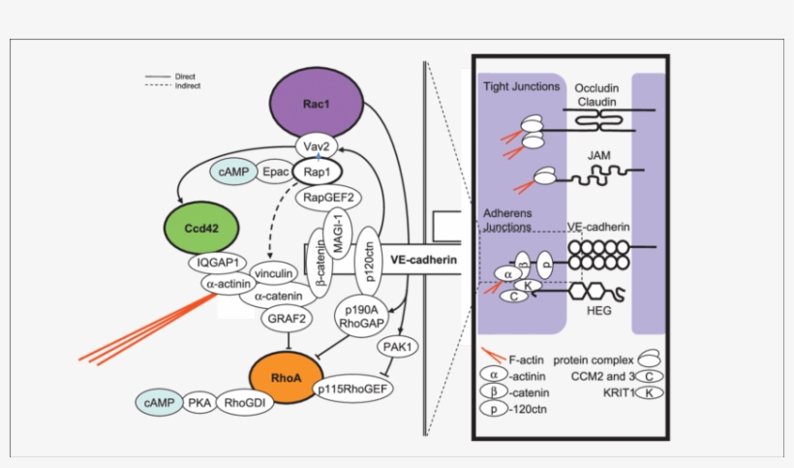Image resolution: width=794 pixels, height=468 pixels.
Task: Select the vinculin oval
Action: [x=274, y=275]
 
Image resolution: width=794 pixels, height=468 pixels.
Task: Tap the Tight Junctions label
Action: [x=521, y=86]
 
